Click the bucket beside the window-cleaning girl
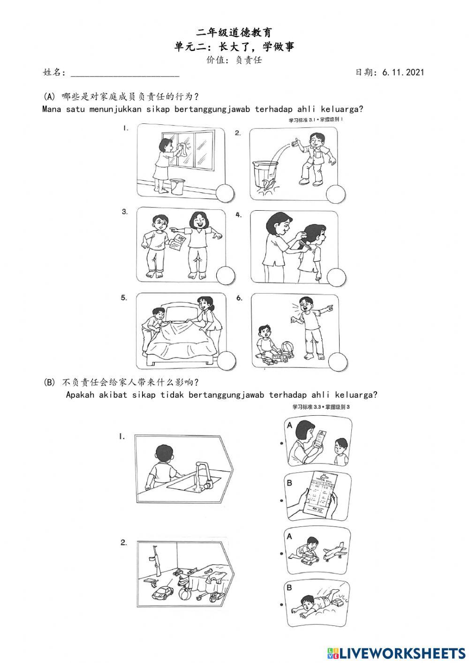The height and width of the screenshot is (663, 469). tap(177, 186)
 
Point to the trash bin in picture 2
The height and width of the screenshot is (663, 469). tap(265, 175)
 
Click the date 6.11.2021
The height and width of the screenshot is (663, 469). tap(403, 72)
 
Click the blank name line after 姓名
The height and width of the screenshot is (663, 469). tap(124, 73)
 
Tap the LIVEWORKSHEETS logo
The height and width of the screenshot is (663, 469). tap(396, 653)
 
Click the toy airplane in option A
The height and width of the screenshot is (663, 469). tap(335, 552)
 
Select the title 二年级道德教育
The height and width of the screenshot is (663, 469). tap(234, 32)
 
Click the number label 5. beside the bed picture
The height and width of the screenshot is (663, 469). tap(124, 298)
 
